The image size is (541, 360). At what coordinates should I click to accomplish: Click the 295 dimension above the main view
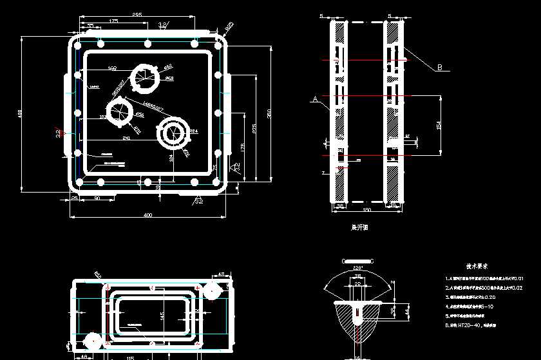point(137,14)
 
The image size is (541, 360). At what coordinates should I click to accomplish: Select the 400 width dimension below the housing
point(147,214)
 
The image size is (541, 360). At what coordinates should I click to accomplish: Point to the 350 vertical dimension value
point(269,113)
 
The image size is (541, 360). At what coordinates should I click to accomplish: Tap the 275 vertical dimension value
point(254,129)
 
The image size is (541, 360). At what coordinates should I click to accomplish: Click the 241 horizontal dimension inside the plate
point(126,138)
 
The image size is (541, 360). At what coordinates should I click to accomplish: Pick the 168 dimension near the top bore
point(112,68)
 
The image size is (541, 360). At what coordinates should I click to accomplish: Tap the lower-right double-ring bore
point(173,132)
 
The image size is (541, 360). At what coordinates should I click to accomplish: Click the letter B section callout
point(440,67)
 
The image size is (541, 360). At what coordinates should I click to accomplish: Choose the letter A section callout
point(314,99)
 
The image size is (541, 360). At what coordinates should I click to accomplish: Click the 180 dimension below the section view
point(367,210)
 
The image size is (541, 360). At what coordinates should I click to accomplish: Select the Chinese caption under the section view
point(359,227)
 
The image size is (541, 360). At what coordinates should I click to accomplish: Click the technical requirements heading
point(477,265)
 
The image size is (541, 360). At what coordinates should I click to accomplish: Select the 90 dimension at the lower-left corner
point(97,198)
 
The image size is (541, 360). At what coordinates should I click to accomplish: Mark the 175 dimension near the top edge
point(113,21)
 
